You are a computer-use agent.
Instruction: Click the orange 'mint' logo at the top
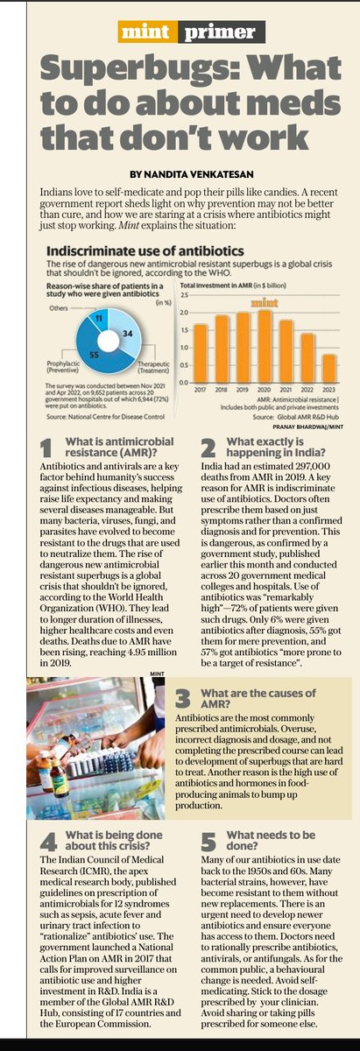145,34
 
